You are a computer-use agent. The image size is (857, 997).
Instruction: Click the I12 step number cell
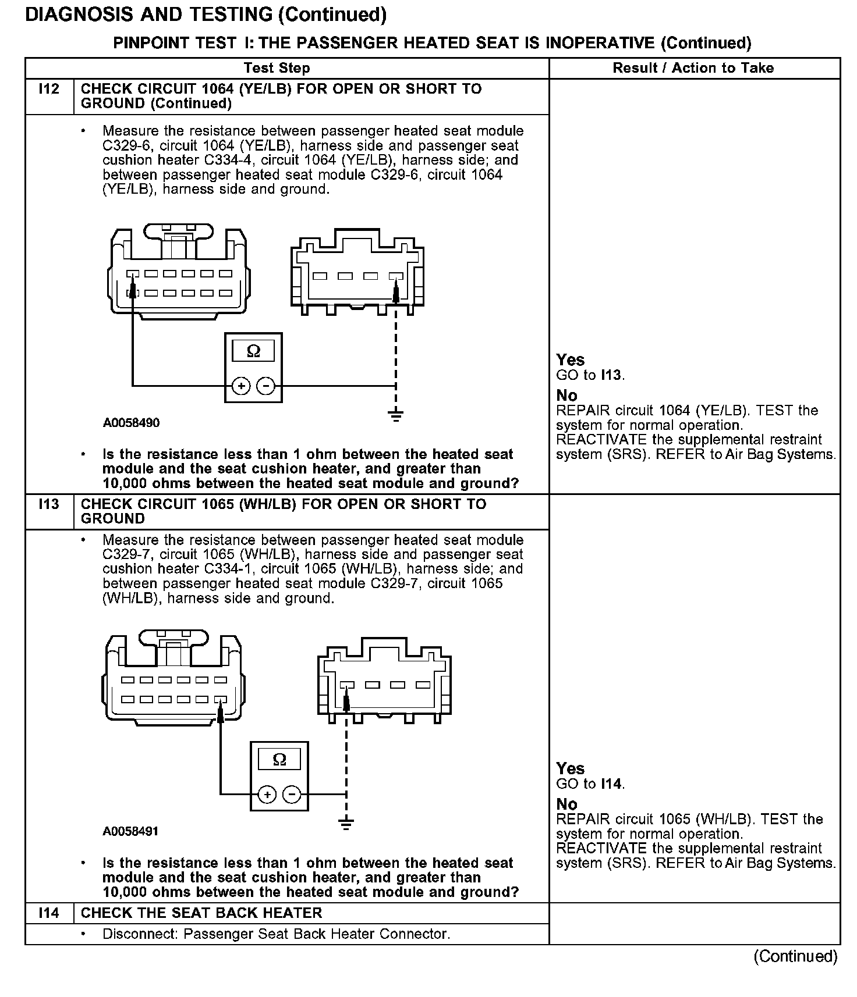click(x=49, y=90)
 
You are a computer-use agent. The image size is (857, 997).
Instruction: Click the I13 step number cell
click(x=49, y=504)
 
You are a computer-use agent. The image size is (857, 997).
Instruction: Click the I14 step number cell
click(x=49, y=913)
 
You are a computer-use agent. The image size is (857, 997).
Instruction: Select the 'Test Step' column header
click(x=277, y=68)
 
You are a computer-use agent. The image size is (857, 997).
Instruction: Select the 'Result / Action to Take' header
click(x=693, y=68)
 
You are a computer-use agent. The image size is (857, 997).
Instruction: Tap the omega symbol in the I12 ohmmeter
click(x=253, y=351)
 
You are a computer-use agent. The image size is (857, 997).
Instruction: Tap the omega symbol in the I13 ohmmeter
click(x=279, y=760)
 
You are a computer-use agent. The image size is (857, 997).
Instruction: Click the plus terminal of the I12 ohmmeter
click(x=241, y=386)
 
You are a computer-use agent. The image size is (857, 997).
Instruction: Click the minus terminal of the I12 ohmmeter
click(x=266, y=386)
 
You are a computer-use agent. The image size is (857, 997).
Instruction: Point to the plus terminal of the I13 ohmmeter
click(x=267, y=794)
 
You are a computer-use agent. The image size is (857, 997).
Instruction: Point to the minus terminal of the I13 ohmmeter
click(x=292, y=794)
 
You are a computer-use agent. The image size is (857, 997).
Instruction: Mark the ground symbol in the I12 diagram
click(x=396, y=415)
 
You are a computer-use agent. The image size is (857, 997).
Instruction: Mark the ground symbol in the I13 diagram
click(x=346, y=823)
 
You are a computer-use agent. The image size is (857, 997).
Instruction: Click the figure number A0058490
click(x=131, y=423)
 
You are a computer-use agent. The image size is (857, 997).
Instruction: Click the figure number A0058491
click(x=131, y=831)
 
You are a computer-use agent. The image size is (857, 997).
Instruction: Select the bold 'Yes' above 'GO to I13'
click(x=570, y=360)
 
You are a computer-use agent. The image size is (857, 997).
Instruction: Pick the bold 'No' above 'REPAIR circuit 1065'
click(x=566, y=804)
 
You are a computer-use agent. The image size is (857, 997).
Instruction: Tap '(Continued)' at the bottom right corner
click(x=795, y=956)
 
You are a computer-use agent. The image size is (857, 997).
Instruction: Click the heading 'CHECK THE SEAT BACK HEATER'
click(x=201, y=913)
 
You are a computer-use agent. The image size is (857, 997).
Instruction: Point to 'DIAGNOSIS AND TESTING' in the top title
click(x=148, y=15)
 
